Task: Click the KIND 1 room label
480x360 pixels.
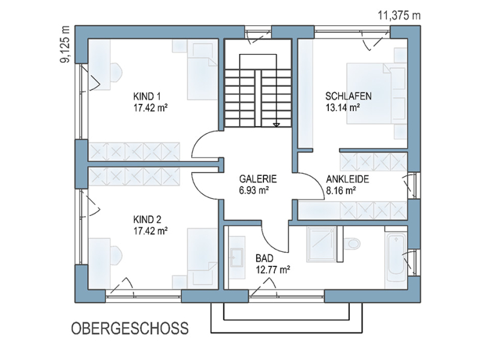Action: [x=146, y=97]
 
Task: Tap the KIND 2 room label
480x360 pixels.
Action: [x=147, y=220]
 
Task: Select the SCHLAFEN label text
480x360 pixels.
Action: [x=349, y=96]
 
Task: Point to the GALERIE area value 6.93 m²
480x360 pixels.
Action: [x=254, y=190]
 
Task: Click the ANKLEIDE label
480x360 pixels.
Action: [x=347, y=179]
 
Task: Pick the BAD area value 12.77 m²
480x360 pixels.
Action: [x=273, y=269]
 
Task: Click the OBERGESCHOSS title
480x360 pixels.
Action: [x=130, y=328]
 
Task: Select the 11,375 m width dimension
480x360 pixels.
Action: [x=399, y=15]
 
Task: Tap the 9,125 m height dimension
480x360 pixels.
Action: [x=65, y=44]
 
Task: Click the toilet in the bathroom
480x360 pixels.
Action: [x=352, y=244]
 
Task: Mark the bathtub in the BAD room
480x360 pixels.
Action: [x=397, y=257]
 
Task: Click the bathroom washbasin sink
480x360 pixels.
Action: [x=237, y=257]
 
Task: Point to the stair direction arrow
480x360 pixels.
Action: [x=277, y=125]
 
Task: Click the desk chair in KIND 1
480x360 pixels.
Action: [x=116, y=73]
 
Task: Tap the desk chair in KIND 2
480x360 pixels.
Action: [x=116, y=255]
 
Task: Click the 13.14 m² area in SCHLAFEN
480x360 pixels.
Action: [x=342, y=108]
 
